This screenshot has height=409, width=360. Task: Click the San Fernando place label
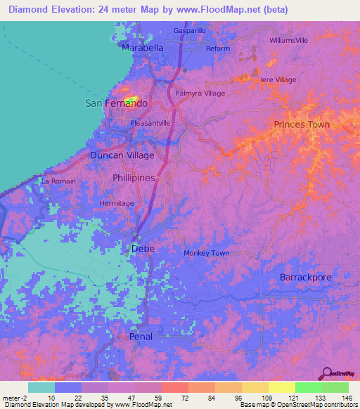coord(116,103)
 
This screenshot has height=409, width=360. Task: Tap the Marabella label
coord(143,47)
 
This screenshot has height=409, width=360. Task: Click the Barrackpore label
coord(305,278)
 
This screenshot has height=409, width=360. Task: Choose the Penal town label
coord(141,337)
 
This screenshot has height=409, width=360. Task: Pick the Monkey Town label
coord(206,253)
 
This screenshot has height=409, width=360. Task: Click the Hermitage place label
coord(116,203)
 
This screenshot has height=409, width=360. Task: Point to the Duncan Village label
coord(122,155)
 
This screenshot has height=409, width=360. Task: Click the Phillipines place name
coord(134,178)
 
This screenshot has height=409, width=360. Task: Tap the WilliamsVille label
coord(288,40)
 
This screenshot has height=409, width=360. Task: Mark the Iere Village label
coord(278,80)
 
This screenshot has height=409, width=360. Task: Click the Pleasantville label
coord(150,123)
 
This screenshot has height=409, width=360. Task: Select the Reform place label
coord(218,48)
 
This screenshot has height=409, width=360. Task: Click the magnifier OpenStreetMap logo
coord(328,373)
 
